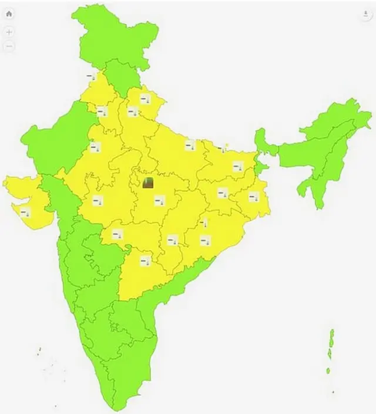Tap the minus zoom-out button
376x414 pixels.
(x=9, y=46)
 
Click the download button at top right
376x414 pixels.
(x=367, y=15)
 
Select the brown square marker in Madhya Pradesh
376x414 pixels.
(x=149, y=184)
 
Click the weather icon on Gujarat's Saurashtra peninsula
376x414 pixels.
(x=25, y=213)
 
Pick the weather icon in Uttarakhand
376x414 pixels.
(x=145, y=99)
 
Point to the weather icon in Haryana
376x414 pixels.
(x=102, y=110)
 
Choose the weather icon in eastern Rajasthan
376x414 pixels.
(x=95, y=147)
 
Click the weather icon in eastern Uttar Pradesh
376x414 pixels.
(x=189, y=146)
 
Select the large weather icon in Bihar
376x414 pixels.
(x=237, y=167)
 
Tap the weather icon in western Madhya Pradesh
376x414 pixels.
(x=97, y=200)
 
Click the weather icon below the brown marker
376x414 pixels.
(x=159, y=201)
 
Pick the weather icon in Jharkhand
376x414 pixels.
(x=223, y=193)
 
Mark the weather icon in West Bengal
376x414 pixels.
(x=253, y=197)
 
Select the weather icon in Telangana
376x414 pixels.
(x=145, y=261)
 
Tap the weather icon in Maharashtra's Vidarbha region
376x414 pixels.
(x=117, y=234)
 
